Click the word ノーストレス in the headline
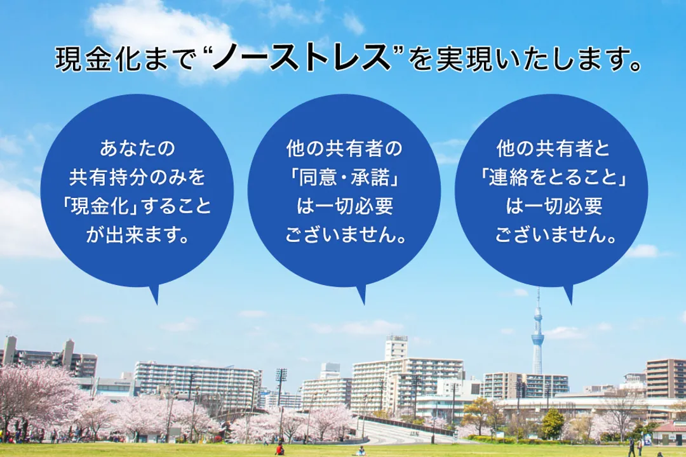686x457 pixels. [301, 59]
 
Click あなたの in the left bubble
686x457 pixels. [137, 149]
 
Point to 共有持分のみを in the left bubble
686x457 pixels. [137, 177]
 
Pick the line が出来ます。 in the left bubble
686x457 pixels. [137, 235]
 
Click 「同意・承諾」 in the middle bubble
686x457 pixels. [344, 177]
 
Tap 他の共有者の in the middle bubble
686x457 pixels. [344, 149]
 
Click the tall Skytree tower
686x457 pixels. [537, 337]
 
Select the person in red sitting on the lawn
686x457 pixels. [279, 449]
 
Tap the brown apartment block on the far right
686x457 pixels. [666, 378]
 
